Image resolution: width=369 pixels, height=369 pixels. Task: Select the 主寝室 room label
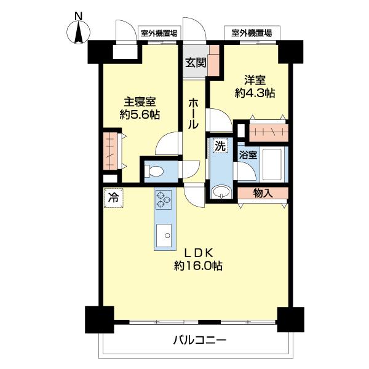pyautogui.click(x=140, y=102)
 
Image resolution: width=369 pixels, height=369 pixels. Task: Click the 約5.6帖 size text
pyautogui.click(x=140, y=115)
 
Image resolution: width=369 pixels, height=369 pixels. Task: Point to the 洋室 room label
pyautogui.click(x=255, y=80)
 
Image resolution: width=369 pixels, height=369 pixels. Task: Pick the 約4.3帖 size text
pyautogui.click(x=255, y=93)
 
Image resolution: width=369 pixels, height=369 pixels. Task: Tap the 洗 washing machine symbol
pyautogui.click(x=220, y=146)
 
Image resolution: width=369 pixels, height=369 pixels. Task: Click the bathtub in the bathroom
pyautogui.click(x=271, y=164)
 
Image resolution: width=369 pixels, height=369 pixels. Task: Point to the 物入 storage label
pyautogui.click(x=263, y=193)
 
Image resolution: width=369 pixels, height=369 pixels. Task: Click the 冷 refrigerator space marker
pyautogui.click(x=113, y=198)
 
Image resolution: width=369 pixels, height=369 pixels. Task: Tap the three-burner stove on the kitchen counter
pyautogui.click(x=164, y=199)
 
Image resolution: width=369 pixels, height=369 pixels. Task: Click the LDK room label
pyautogui.click(x=197, y=253)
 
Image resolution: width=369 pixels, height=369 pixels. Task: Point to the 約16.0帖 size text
pyautogui.click(x=197, y=266)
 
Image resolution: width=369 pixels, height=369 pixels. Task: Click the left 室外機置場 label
pyautogui.click(x=159, y=33)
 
